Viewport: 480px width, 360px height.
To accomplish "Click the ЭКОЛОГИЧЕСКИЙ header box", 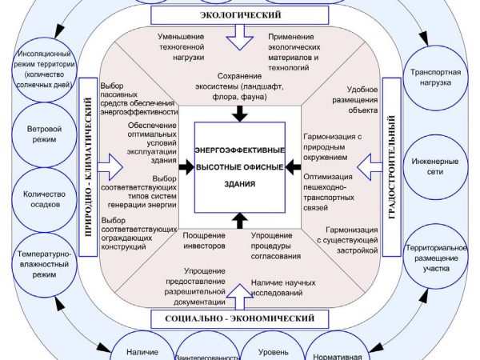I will (x=239, y=15).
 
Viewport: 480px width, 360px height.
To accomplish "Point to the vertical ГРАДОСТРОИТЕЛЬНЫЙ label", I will (x=393, y=168).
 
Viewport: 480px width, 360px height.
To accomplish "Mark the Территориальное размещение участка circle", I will (x=435, y=257).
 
